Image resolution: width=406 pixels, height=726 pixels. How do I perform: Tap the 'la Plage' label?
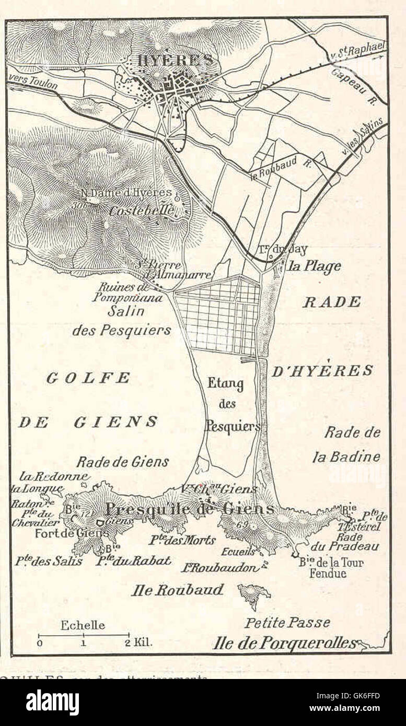(x=315, y=266)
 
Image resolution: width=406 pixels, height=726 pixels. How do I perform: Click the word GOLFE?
(x=88, y=378)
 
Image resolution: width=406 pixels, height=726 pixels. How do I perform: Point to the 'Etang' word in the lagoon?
(x=225, y=384)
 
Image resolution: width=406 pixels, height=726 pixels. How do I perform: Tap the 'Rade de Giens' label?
(x=122, y=462)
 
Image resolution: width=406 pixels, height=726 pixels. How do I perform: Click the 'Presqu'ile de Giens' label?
(x=190, y=509)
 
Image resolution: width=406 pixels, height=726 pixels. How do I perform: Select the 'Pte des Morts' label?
(x=182, y=540)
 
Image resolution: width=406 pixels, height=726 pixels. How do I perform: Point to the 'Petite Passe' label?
(x=287, y=623)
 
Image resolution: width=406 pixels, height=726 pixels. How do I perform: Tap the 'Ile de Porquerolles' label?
(x=285, y=643)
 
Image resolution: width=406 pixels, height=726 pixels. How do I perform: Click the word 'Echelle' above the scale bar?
(x=83, y=625)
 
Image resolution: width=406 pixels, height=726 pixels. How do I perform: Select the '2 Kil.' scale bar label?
(x=138, y=642)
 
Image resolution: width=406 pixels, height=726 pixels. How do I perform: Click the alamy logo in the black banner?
(x=52, y=702)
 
